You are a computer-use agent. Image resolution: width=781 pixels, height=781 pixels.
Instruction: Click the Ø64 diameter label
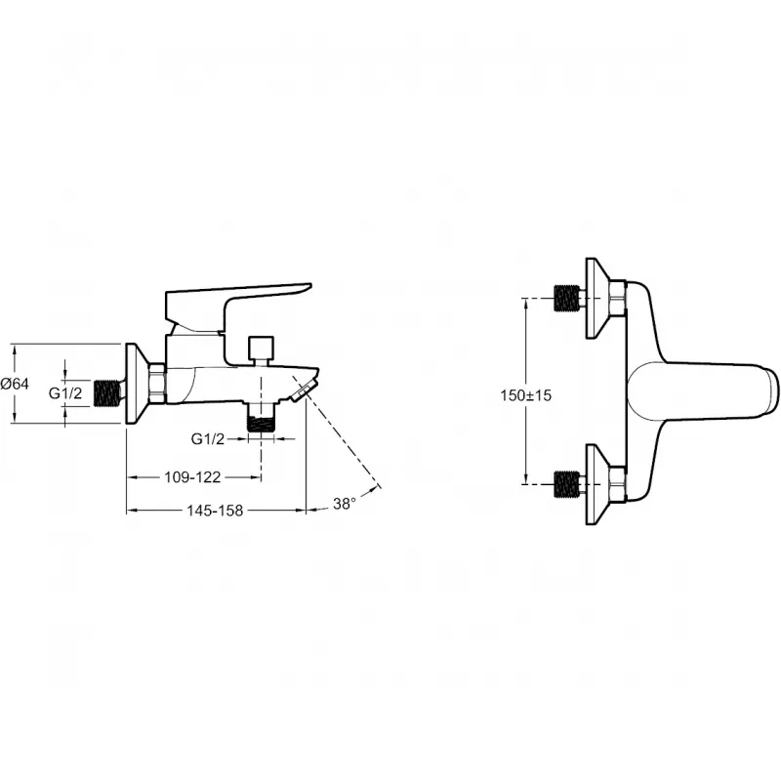15,384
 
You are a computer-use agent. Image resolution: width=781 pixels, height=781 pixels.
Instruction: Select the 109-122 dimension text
192,477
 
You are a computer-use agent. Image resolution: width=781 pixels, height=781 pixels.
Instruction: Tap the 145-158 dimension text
215,510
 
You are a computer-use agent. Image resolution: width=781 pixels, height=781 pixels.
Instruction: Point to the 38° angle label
345,504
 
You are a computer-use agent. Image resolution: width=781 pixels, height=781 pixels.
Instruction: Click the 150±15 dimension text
526,395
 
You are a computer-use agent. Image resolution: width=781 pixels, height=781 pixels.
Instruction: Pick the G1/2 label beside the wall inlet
65,393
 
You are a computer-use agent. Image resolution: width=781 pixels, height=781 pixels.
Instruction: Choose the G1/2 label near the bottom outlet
208,438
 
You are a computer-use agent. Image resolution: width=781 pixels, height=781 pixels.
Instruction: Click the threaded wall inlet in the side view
108,390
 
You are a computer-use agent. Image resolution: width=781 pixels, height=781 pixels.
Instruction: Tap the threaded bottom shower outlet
261,417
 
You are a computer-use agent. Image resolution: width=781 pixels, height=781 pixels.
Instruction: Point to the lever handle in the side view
234,308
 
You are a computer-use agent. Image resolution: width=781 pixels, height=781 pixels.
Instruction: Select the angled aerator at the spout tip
303,390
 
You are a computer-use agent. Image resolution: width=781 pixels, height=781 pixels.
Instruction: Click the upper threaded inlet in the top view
567,298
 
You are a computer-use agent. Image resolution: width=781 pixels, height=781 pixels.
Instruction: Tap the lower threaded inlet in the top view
567,484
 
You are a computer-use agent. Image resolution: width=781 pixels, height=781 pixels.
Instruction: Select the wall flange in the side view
137,384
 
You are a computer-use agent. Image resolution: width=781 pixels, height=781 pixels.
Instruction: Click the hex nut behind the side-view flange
158,384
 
